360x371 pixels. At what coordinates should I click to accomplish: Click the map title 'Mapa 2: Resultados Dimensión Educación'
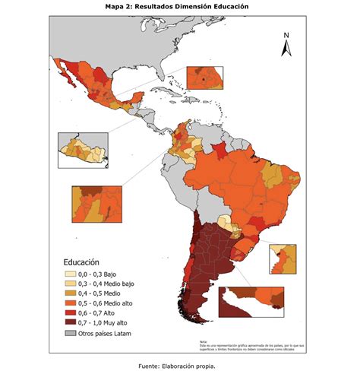coord(179,6)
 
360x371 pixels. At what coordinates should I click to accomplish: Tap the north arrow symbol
coord(286,49)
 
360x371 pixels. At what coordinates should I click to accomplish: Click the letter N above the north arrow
coord(286,35)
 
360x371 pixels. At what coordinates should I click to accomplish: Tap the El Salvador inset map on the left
coord(84,149)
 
